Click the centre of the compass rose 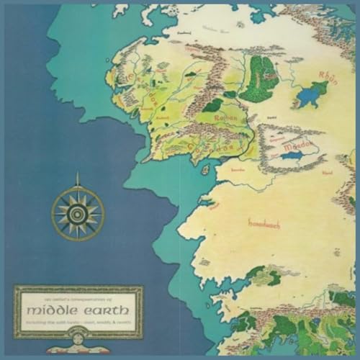tap(78, 212)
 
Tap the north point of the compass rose tap(78, 185)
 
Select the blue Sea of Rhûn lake tap(315, 91)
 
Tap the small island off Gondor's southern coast tap(206, 170)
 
